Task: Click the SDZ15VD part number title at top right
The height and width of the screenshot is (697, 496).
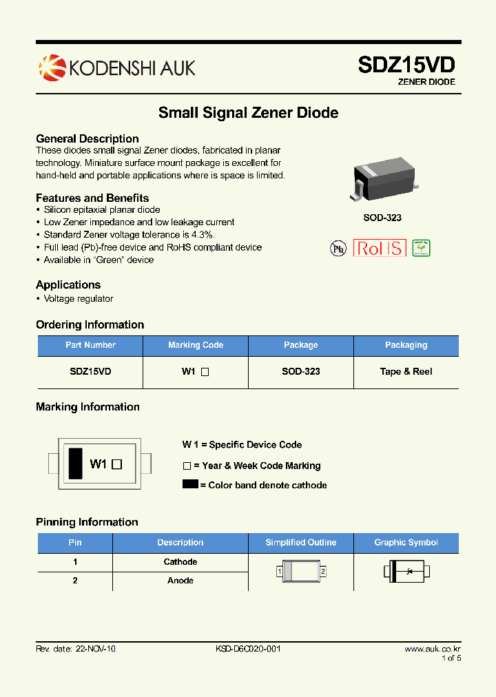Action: pos(406,65)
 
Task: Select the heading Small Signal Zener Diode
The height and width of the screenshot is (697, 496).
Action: pos(248,112)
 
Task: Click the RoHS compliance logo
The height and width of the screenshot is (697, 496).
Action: pos(380,248)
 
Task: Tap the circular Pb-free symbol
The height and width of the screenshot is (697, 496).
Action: pos(338,249)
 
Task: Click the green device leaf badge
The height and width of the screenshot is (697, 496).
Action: pos(421,248)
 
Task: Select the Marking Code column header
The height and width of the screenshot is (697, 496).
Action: pos(196,345)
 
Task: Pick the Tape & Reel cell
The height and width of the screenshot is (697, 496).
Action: pos(406,371)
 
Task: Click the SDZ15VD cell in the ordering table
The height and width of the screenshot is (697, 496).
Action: pos(90,371)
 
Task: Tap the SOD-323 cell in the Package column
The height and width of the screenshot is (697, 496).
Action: pos(301,371)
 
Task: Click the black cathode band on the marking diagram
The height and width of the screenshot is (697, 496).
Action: pos(74,463)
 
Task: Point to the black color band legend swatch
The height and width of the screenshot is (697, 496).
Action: pos(190,484)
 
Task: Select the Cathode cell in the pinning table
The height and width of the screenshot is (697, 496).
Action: pos(180,562)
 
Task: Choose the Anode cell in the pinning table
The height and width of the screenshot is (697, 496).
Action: pos(180,581)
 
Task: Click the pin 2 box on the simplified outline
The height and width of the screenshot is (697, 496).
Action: pos(322,572)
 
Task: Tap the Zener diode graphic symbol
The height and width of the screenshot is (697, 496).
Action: pos(406,571)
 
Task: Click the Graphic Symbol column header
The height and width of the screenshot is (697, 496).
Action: pos(406,543)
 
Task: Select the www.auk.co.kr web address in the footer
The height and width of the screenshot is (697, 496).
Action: pos(432,649)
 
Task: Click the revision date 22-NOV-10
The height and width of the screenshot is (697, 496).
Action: pos(96,649)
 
